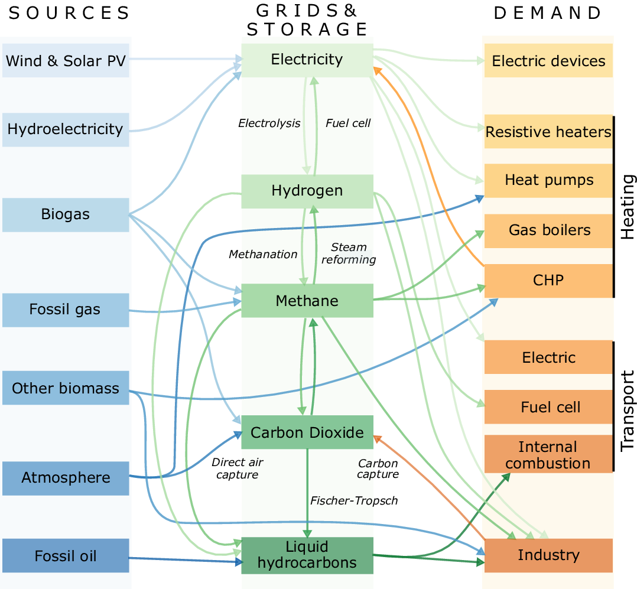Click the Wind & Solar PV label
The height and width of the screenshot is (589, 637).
pyautogui.click(x=66, y=61)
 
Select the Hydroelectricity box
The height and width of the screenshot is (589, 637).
pyautogui.click(x=66, y=129)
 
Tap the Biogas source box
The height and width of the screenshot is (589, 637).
pyautogui.click(x=66, y=214)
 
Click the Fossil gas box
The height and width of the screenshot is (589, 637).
pyautogui.click(x=66, y=310)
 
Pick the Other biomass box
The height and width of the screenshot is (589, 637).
pyautogui.click(x=66, y=388)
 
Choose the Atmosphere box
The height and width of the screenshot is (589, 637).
pyautogui.click(x=66, y=478)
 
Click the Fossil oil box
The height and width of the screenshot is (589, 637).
pyautogui.click(x=66, y=556)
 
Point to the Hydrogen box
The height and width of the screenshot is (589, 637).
pyautogui.click(x=307, y=191)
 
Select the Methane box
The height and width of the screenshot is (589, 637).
pyautogui.click(x=307, y=301)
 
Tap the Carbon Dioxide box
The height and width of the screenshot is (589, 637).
pyautogui.click(x=307, y=432)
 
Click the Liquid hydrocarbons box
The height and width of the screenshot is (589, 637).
pyautogui.click(x=307, y=555)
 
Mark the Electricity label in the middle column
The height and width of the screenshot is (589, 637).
pyautogui.click(x=307, y=59)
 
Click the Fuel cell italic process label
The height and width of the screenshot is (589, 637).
pyautogui.click(x=348, y=123)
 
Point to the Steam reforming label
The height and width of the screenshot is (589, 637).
pyautogui.click(x=349, y=253)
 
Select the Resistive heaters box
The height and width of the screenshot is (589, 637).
pyautogui.click(x=548, y=131)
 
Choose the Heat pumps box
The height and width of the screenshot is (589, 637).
pyautogui.click(x=548, y=180)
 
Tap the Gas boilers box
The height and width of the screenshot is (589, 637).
pyautogui.click(x=548, y=230)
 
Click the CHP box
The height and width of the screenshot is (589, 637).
pyautogui.click(x=548, y=280)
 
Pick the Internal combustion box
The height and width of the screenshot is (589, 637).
pyautogui.click(x=548, y=454)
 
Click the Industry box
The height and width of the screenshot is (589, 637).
pyautogui.click(x=548, y=555)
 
